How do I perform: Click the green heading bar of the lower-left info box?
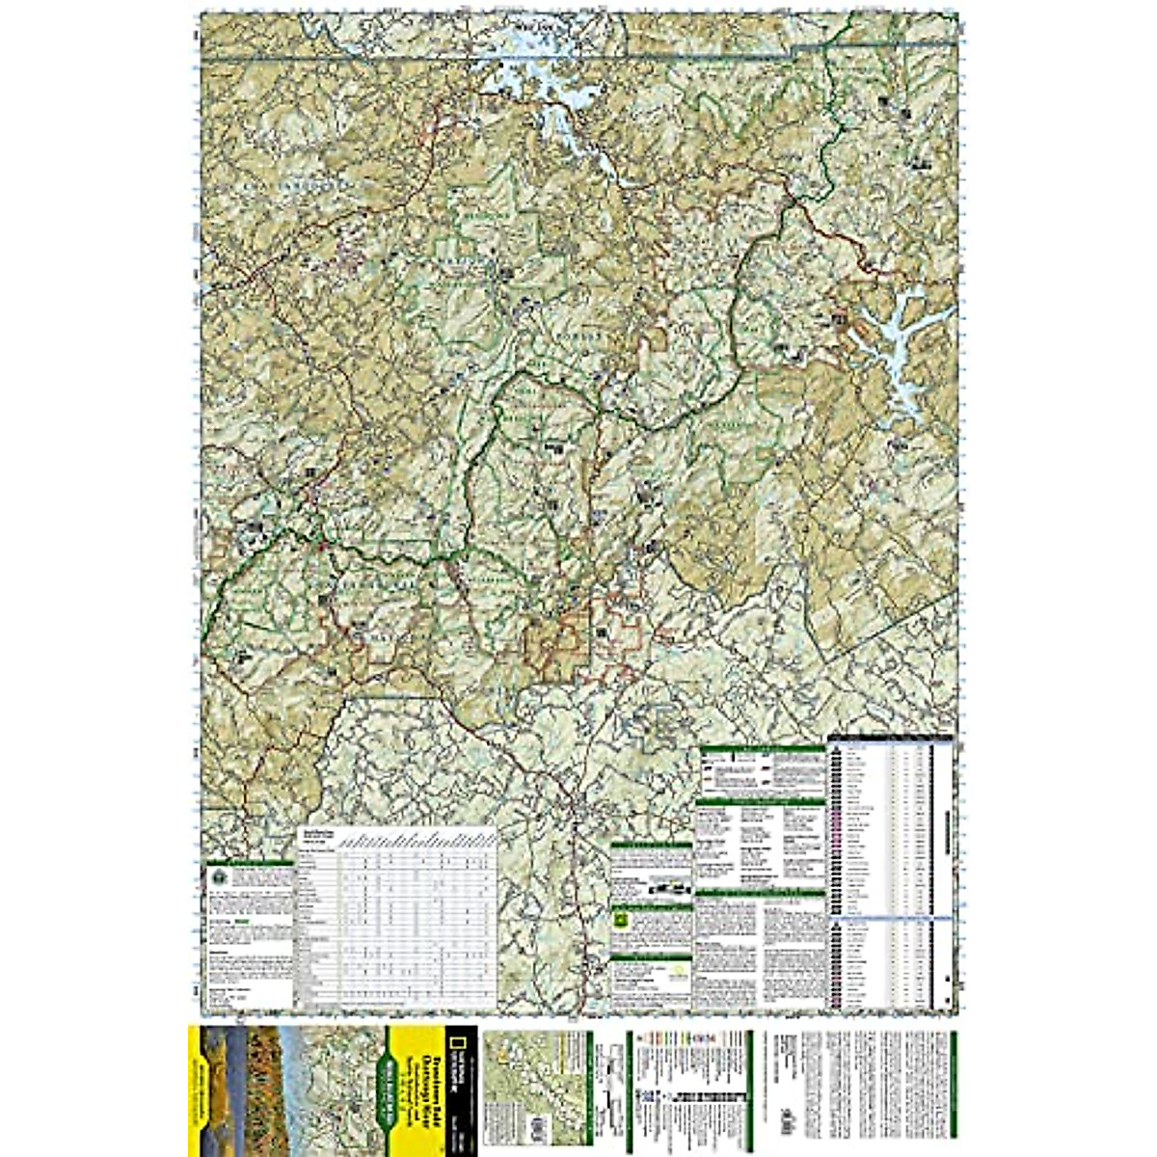click(249, 862)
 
